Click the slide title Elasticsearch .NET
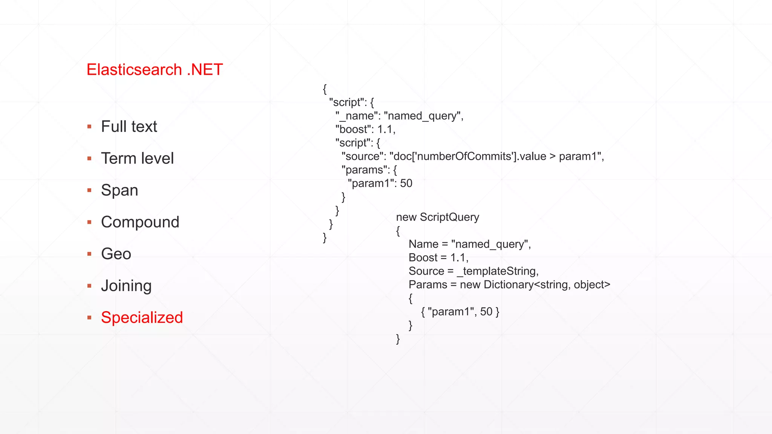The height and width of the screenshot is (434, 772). pyautogui.click(x=155, y=70)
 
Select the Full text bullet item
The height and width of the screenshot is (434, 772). pyautogui.click(x=129, y=127)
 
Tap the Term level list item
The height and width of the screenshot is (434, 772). pyautogui.click(x=137, y=158)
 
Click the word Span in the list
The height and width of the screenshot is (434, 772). pyautogui.click(x=119, y=190)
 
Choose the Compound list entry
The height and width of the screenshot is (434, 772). pyautogui.click(x=140, y=222)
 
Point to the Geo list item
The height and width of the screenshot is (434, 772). pyautogui.click(x=116, y=254)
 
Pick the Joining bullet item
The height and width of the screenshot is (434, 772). pyautogui.click(x=126, y=286)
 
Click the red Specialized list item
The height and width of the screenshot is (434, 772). pyautogui.click(x=142, y=318)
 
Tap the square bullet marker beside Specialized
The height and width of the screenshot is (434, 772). pyautogui.click(x=89, y=318)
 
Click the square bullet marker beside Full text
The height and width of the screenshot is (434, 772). pyautogui.click(x=89, y=127)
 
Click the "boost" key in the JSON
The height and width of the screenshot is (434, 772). pyautogui.click(x=351, y=130)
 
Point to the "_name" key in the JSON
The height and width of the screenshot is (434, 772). pyautogui.click(x=357, y=116)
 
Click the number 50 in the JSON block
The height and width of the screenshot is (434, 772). pyautogui.click(x=406, y=183)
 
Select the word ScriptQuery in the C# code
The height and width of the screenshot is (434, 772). pyautogui.click(x=449, y=217)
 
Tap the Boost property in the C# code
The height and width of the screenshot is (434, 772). pyautogui.click(x=423, y=258)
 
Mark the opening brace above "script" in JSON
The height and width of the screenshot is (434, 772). pyautogui.click(x=325, y=89)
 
